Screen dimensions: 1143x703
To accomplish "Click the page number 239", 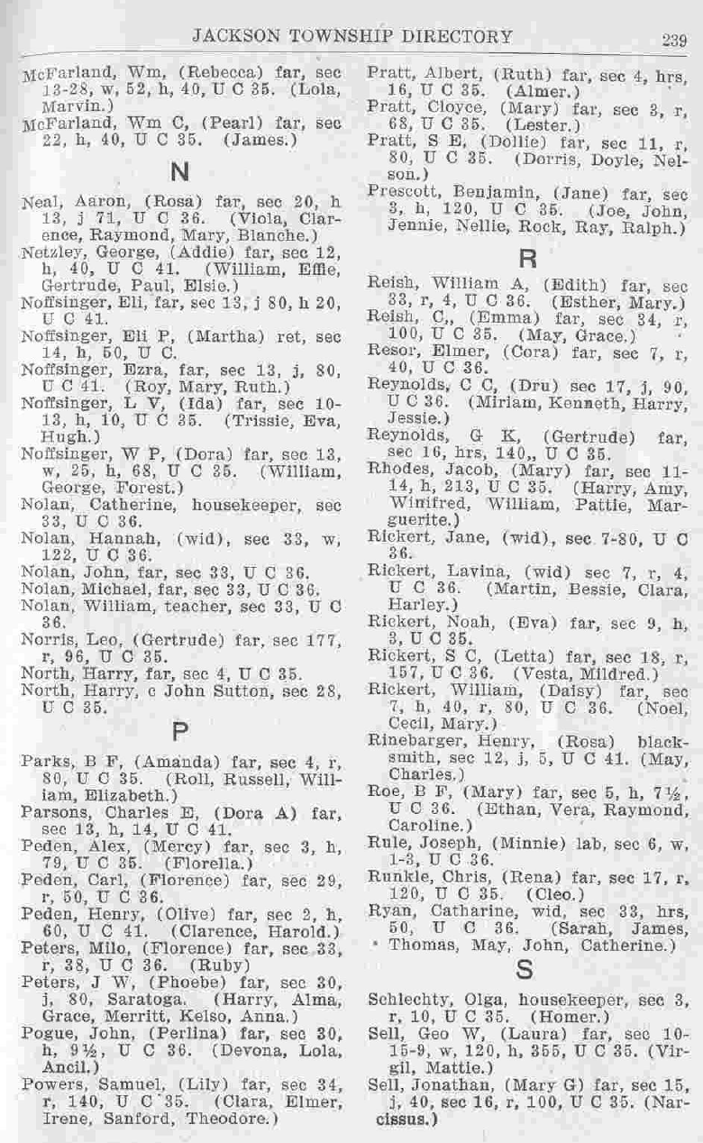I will (x=674, y=39).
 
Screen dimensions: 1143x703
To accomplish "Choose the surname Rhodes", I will (x=394, y=468).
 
